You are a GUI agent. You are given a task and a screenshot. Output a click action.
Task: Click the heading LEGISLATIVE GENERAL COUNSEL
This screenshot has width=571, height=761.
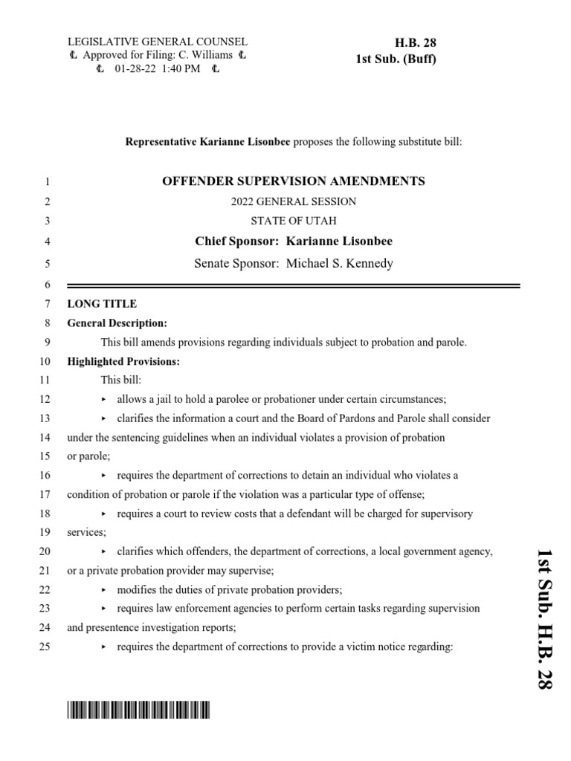pyautogui.click(x=158, y=42)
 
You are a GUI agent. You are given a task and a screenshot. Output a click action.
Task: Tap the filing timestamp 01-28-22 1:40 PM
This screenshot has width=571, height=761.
pyautogui.click(x=158, y=70)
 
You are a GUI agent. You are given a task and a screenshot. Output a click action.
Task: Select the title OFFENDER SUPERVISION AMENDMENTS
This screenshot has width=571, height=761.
pyautogui.click(x=294, y=181)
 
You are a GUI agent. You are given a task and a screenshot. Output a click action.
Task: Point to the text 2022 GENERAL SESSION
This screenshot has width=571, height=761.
pyautogui.click(x=294, y=201)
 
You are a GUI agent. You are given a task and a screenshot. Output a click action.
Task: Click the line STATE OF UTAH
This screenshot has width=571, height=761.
pyautogui.click(x=294, y=221)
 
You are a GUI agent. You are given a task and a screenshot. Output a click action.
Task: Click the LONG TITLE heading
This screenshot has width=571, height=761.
pyautogui.click(x=102, y=303)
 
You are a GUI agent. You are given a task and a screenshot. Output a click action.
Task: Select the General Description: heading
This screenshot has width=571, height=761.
pyautogui.click(x=117, y=323)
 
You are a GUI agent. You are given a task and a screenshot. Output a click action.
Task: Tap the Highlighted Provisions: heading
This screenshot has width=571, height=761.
pyautogui.click(x=123, y=362)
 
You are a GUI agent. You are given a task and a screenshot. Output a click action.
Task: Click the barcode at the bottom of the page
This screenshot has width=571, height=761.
pyautogui.click(x=138, y=711)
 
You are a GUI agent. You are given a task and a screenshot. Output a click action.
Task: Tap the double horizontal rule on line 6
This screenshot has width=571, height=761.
pyautogui.click(x=294, y=285)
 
